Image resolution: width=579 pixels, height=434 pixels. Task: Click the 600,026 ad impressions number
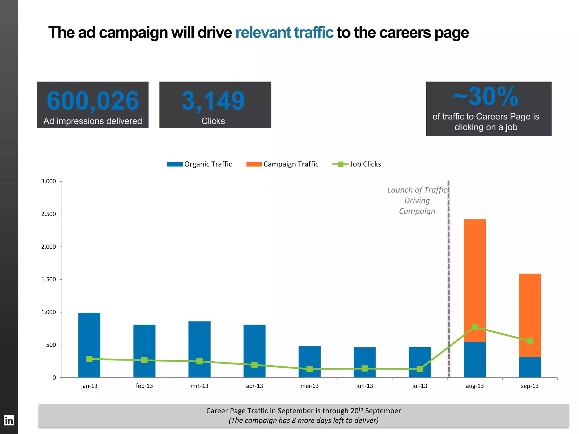93,101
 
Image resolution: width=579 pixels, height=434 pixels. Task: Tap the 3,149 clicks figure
213,101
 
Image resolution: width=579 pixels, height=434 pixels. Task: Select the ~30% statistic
486,97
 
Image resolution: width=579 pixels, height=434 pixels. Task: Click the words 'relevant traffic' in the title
284,32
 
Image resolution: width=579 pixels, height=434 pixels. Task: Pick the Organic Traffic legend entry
200,164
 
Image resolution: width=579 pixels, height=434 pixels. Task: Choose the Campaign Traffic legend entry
282,164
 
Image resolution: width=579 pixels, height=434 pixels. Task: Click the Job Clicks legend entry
357,164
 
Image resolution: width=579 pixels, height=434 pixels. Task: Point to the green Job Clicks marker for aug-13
475,327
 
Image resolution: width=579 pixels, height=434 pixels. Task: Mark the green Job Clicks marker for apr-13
254,365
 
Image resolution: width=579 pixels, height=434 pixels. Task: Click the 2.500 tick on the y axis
49,214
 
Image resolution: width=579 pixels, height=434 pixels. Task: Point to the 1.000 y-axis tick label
49,312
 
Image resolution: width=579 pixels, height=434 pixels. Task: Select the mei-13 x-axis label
309,386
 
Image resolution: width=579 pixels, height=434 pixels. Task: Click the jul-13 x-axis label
420,386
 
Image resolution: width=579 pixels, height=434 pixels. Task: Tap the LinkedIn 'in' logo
9,420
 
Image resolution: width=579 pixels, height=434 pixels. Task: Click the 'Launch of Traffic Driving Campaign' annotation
417,201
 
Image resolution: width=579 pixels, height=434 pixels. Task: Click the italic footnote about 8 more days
303,420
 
